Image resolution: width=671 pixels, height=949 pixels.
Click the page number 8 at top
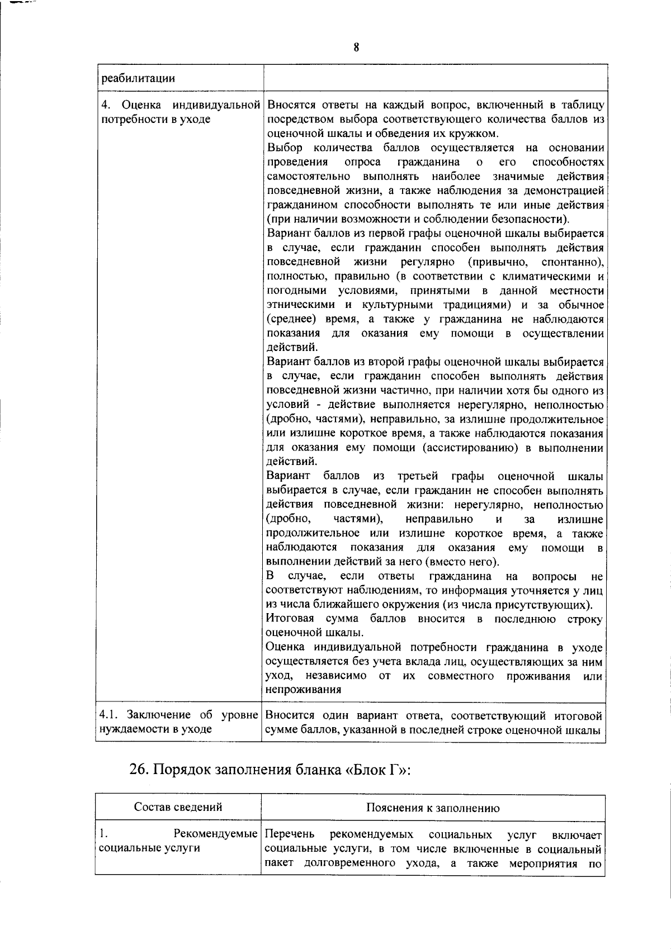click(x=356, y=48)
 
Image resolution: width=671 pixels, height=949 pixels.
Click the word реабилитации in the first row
click(x=137, y=79)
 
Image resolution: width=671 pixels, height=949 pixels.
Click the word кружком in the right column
click(x=475, y=134)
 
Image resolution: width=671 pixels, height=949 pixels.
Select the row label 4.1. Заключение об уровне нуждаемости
click(x=179, y=723)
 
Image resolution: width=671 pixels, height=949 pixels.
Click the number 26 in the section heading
click(x=138, y=770)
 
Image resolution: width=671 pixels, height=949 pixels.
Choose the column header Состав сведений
click(x=178, y=807)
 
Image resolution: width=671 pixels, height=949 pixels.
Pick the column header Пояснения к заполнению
click(x=433, y=808)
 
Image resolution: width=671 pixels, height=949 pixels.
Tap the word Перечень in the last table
click(x=290, y=835)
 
